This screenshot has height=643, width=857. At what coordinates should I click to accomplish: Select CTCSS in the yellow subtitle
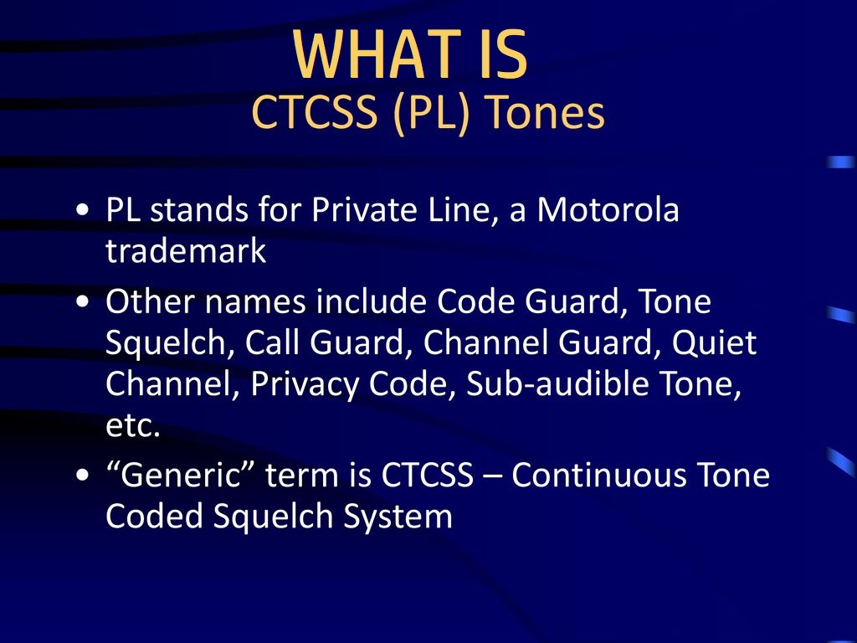(x=315, y=112)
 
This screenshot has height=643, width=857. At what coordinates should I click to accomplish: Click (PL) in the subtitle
(x=431, y=114)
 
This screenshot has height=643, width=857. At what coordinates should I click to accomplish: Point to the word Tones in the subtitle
(x=546, y=112)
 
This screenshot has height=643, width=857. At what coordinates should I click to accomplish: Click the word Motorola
(x=608, y=209)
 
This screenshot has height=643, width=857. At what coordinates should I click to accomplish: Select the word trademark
(x=186, y=250)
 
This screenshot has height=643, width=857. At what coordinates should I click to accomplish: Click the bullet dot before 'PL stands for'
(x=83, y=210)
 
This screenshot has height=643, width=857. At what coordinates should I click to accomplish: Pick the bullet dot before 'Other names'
(x=83, y=301)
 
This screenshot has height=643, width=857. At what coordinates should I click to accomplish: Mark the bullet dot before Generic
(x=83, y=476)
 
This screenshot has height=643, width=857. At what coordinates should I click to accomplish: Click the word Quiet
(x=714, y=342)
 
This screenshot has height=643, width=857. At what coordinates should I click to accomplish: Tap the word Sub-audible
(x=557, y=383)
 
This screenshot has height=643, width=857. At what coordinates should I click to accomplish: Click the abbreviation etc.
(x=133, y=425)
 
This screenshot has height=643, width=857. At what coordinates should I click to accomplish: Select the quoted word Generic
(x=181, y=474)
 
